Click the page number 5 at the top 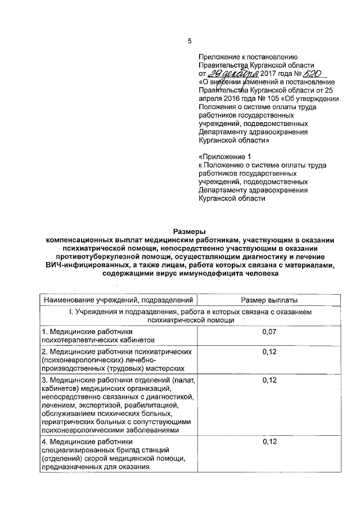(189, 40)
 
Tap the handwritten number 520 (312, 73)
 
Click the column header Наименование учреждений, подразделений (118, 301)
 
